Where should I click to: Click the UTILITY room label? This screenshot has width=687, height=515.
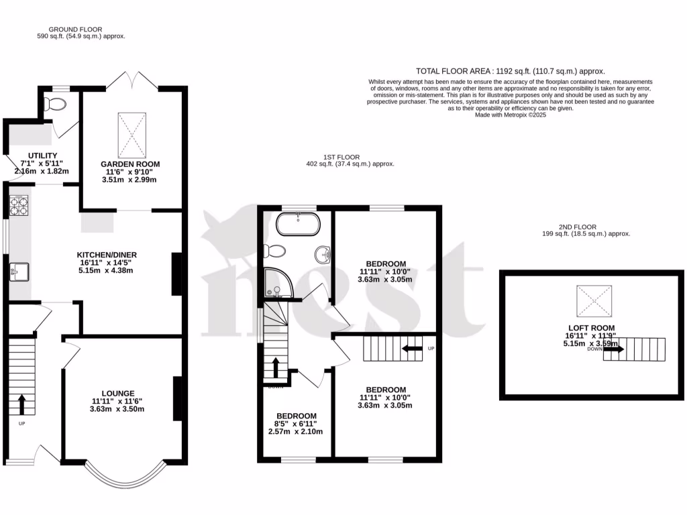click(42, 156)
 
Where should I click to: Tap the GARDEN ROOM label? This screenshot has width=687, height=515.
click(131, 164)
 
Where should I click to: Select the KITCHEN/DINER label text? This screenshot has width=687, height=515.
click(107, 255)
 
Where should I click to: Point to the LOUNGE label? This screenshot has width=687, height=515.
click(118, 394)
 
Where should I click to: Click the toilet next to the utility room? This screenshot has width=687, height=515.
click(55, 105)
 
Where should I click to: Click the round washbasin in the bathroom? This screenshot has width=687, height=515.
click(323, 254)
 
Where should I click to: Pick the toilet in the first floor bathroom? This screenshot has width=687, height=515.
click(276, 251)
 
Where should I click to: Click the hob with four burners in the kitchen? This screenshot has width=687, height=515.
click(18, 205)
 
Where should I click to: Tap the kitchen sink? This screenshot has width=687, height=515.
click(19, 272)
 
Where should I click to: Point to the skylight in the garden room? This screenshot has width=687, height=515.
click(131, 132)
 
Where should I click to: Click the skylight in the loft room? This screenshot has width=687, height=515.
click(594, 301)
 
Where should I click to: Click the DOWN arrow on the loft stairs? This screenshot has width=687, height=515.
click(614, 349)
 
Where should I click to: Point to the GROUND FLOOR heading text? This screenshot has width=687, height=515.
click(75, 30)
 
